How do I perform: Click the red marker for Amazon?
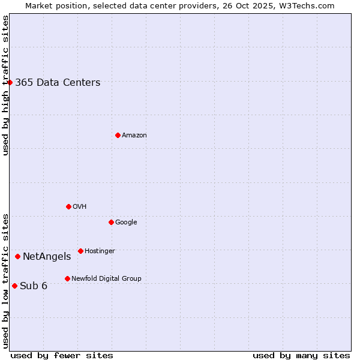[x=118, y=135]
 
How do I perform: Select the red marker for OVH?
[x=68, y=206]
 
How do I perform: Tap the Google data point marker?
[x=111, y=222]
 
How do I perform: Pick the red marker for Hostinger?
[x=80, y=251]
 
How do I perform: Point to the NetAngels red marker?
[x=18, y=256]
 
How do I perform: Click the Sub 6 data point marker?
[x=14, y=286]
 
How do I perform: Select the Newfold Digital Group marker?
[x=67, y=278]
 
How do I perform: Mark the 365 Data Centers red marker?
[x=10, y=82]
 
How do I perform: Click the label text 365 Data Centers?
[x=58, y=83]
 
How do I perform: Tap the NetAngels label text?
[x=47, y=257]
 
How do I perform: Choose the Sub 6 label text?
[x=34, y=286]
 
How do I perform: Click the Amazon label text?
[x=134, y=136]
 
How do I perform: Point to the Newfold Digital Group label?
[x=106, y=278]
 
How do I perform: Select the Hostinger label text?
[x=100, y=251]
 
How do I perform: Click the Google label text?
[x=126, y=222]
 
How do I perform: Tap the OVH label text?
[x=80, y=206]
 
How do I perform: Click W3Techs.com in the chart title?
[x=310, y=6]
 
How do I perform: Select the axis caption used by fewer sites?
[x=62, y=355]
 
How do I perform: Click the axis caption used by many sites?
[x=301, y=355]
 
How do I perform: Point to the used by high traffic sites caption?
[x=6, y=85]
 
